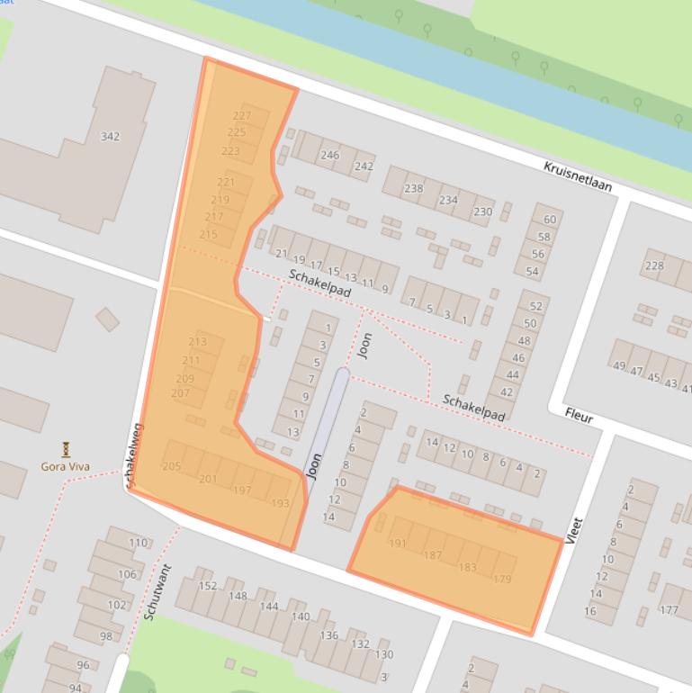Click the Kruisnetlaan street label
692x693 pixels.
(x=577, y=177)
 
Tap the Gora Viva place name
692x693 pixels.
(x=66, y=466)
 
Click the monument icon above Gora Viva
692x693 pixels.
(x=66, y=448)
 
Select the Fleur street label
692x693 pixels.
(x=579, y=415)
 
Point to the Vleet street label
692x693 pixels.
(x=575, y=530)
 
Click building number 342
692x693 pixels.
(x=110, y=137)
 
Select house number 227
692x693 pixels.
(x=241, y=116)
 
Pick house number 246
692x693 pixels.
(x=330, y=155)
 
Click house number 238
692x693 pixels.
(x=413, y=188)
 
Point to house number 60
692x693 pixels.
(x=549, y=220)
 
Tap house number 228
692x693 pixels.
(x=654, y=265)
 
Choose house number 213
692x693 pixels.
(x=197, y=342)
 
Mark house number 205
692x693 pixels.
(x=171, y=465)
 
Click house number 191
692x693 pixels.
(x=398, y=544)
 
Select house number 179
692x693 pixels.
(x=502, y=579)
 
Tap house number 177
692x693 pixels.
(x=669, y=610)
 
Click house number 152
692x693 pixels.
(x=208, y=586)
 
